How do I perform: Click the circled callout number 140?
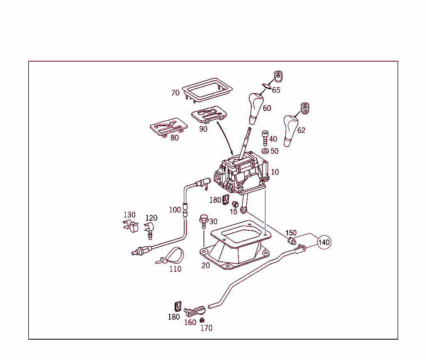(x=324, y=242)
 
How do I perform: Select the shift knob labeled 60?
(x=255, y=107)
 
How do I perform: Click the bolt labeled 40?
(x=265, y=138)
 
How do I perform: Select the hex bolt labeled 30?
(x=203, y=221)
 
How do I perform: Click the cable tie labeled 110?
(x=171, y=256)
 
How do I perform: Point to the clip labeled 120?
(x=149, y=229)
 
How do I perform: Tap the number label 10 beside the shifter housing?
(x=275, y=172)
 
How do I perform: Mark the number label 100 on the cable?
(x=175, y=210)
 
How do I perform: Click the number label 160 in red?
(x=190, y=323)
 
